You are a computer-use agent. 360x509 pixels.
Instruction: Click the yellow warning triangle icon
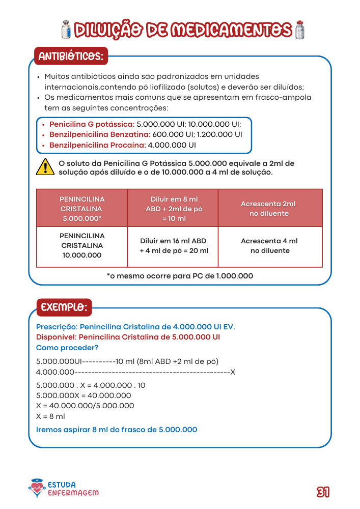click(45, 167)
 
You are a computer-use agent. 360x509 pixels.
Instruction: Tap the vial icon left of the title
click(65, 30)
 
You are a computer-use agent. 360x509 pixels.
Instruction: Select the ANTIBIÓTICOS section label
click(71, 56)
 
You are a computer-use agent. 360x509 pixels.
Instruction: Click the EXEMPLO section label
click(64, 307)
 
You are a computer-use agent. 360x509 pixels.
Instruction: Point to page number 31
click(323, 492)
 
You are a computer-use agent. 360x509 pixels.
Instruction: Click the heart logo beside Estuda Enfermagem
click(37, 489)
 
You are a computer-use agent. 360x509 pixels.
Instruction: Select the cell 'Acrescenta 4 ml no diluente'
click(269, 246)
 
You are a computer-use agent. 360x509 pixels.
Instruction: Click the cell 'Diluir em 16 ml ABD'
click(173, 246)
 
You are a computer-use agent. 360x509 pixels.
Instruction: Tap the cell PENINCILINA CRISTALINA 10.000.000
click(82, 246)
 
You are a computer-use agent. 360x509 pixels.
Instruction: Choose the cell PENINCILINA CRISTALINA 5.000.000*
click(82, 209)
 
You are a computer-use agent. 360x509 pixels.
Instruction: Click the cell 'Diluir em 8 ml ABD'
click(174, 209)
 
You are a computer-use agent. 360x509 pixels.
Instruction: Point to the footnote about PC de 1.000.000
click(180, 276)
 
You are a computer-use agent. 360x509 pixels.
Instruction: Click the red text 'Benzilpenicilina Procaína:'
click(97, 145)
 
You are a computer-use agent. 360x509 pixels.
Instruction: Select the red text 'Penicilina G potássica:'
click(92, 124)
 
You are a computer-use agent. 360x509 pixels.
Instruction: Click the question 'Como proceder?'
click(67, 348)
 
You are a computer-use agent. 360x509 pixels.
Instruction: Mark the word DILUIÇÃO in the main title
click(107, 30)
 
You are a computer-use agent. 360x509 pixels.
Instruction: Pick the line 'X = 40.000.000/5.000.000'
click(85, 406)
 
